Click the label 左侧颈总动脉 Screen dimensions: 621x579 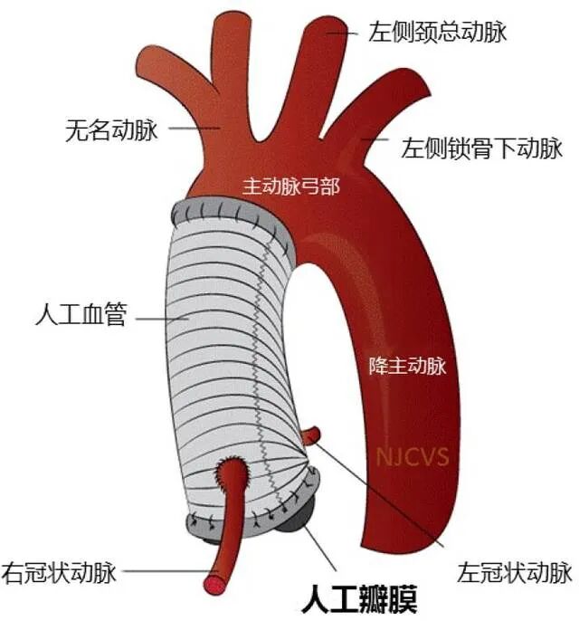click(x=437, y=33)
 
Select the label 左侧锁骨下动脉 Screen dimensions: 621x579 click(x=481, y=147)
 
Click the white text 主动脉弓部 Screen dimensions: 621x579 click(x=290, y=186)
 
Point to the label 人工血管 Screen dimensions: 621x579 click(x=81, y=317)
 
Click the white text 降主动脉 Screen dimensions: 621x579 click(x=407, y=366)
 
